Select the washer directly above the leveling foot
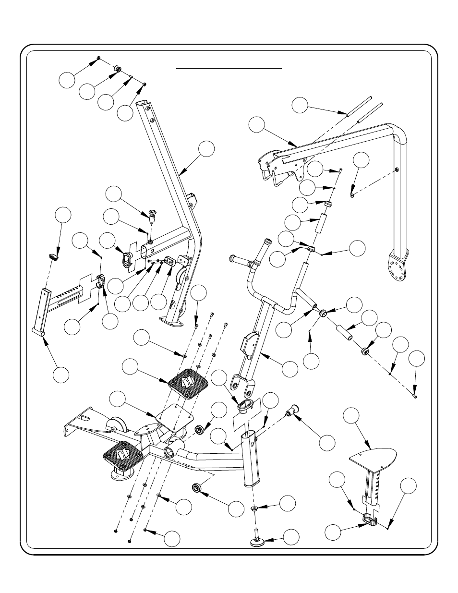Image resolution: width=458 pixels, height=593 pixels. (254, 508)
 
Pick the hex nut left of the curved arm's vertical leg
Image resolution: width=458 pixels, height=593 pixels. (351, 195)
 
